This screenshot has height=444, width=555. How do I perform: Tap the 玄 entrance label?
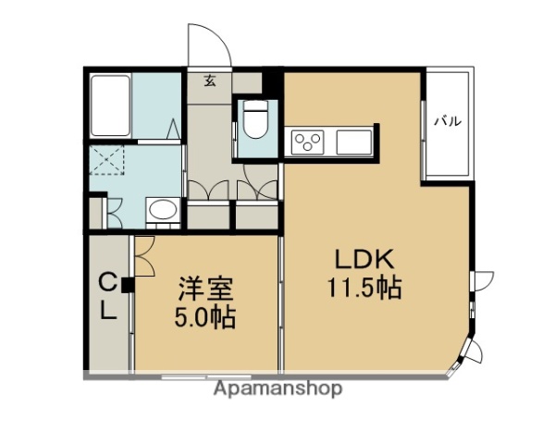(210, 81)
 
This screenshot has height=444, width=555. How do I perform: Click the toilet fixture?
(253, 120)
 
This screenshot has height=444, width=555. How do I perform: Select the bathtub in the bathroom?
(111, 106)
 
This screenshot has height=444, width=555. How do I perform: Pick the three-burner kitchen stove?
(308, 142)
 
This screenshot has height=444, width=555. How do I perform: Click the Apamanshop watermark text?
(277, 388)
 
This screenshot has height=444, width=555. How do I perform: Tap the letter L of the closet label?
(108, 313)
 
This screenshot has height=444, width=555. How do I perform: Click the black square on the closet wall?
(127, 285)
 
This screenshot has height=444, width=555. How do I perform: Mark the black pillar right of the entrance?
(272, 82)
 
